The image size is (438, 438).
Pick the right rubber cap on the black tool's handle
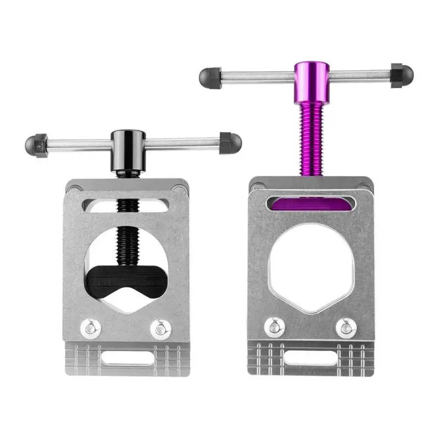[230, 142]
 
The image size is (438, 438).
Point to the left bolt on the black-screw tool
[90, 328]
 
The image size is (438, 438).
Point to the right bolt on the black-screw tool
[160, 329]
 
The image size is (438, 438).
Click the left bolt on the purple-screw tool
[273, 328]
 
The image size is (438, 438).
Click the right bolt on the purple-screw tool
[345, 328]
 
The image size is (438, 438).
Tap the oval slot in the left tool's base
[127, 358]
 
